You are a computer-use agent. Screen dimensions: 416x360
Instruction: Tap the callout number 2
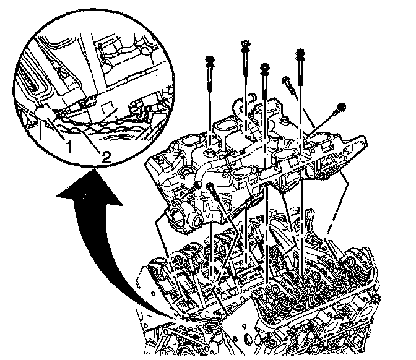point(106,157)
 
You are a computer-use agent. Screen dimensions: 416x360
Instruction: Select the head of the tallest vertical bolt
point(245,45)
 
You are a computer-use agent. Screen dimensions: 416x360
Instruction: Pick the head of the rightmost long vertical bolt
point(302,53)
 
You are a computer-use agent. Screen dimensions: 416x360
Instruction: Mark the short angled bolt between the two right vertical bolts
point(288,83)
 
